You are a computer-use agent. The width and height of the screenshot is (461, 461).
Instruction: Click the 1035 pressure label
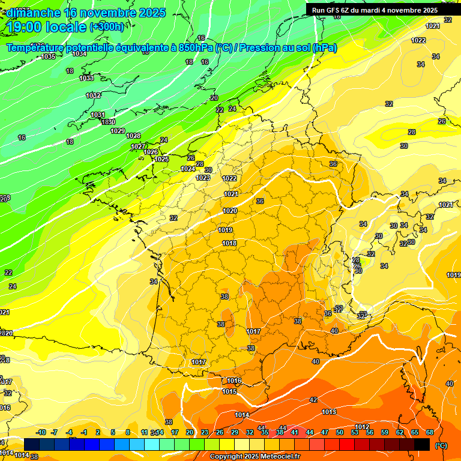49,57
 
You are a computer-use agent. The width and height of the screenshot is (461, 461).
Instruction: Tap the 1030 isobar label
108,122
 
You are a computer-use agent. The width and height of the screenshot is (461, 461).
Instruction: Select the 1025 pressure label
161,159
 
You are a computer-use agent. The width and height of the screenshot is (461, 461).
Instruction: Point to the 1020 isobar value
229,211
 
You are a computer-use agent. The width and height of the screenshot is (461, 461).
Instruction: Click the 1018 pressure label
229,243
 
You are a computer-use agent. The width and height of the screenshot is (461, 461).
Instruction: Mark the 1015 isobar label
229,391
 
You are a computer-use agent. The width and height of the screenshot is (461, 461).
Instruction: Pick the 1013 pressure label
328,412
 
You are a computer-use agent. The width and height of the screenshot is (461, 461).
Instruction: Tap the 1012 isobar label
362,427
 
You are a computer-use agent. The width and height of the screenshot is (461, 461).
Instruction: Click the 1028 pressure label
133,136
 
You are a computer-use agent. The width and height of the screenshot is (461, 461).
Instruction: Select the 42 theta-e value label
313,400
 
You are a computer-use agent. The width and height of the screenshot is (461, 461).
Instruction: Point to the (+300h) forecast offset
107,27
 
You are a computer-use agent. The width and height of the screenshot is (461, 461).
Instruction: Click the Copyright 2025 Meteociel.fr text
255,457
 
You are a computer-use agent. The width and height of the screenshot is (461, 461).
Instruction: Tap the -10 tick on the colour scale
41,432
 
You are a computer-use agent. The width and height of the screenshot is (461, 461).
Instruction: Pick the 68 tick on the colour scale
430,432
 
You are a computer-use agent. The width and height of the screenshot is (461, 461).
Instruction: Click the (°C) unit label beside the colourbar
441,445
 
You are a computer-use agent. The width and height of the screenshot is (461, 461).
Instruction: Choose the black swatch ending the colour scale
422,444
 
